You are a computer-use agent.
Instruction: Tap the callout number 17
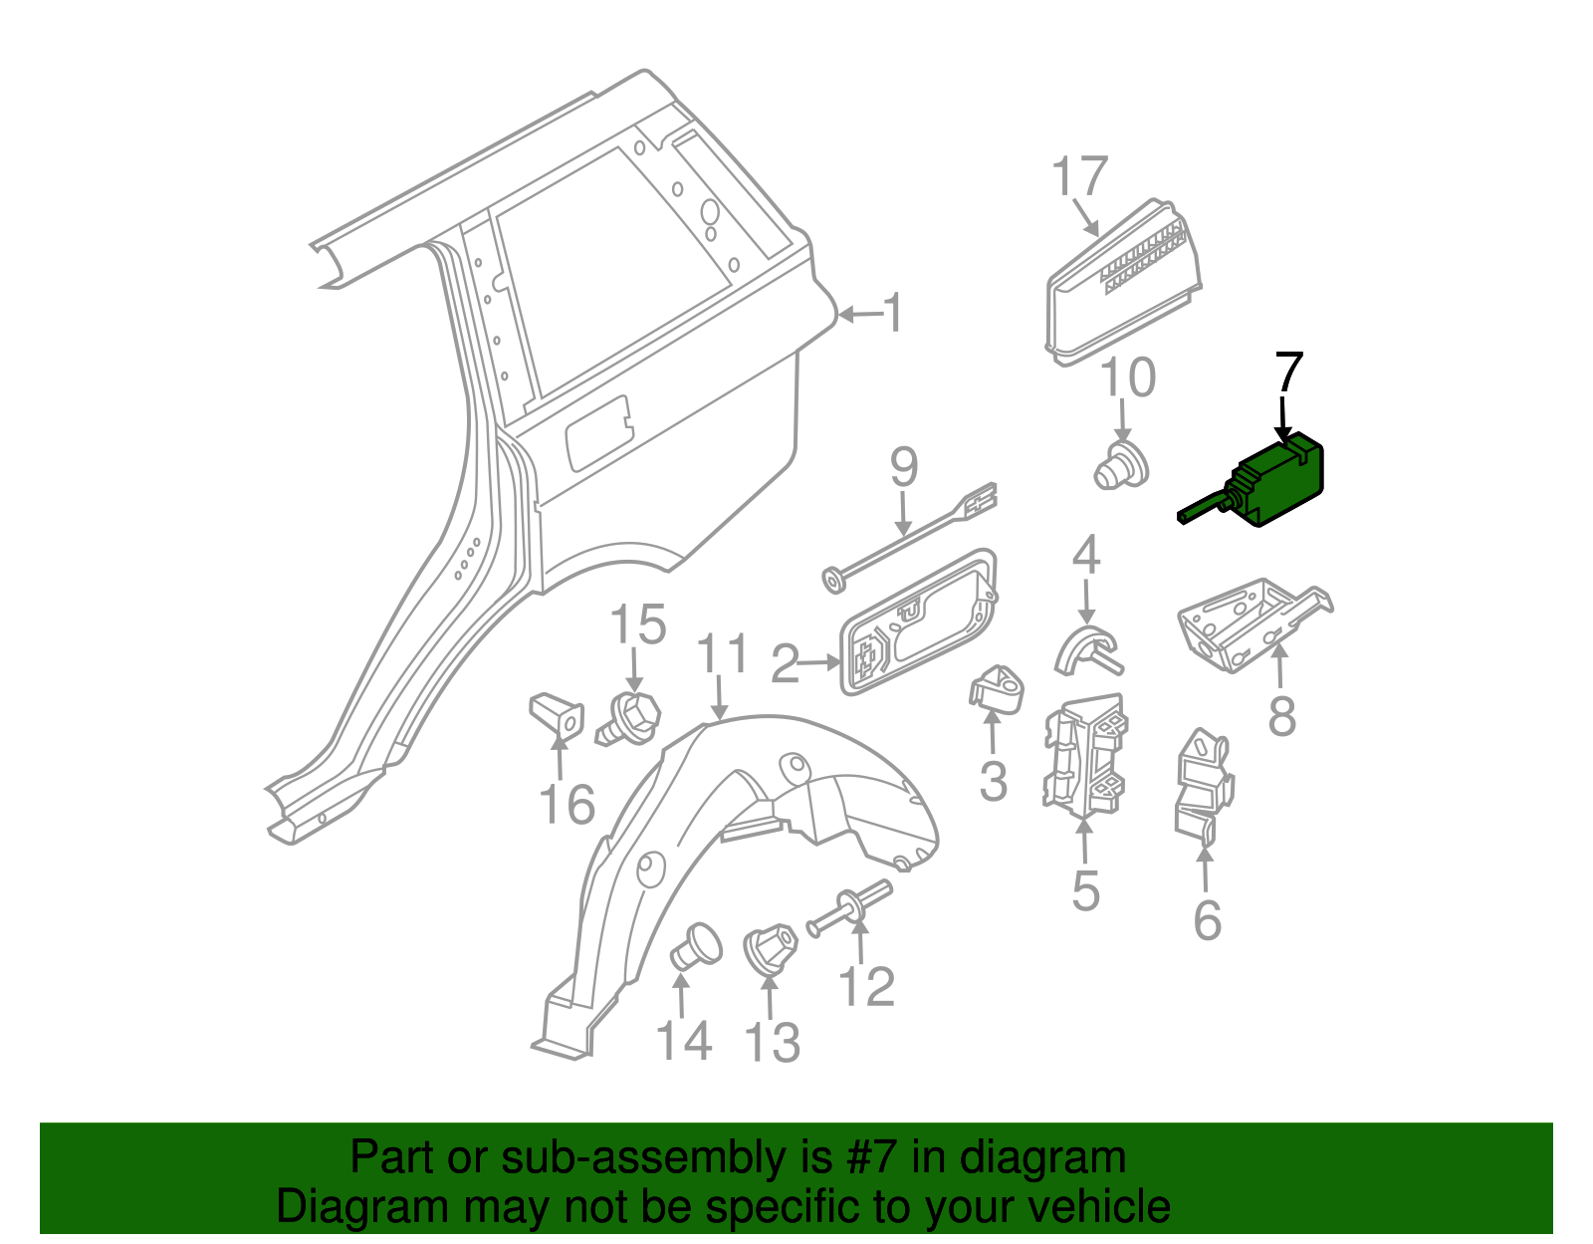click(x=1079, y=177)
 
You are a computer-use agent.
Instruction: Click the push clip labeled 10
click(x=1121, y=468)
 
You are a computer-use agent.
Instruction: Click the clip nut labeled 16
click(x=558, y=713)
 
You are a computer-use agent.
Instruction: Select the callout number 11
click(x=722, y=654)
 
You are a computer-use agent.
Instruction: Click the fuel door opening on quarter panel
click(x=597, y=433)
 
